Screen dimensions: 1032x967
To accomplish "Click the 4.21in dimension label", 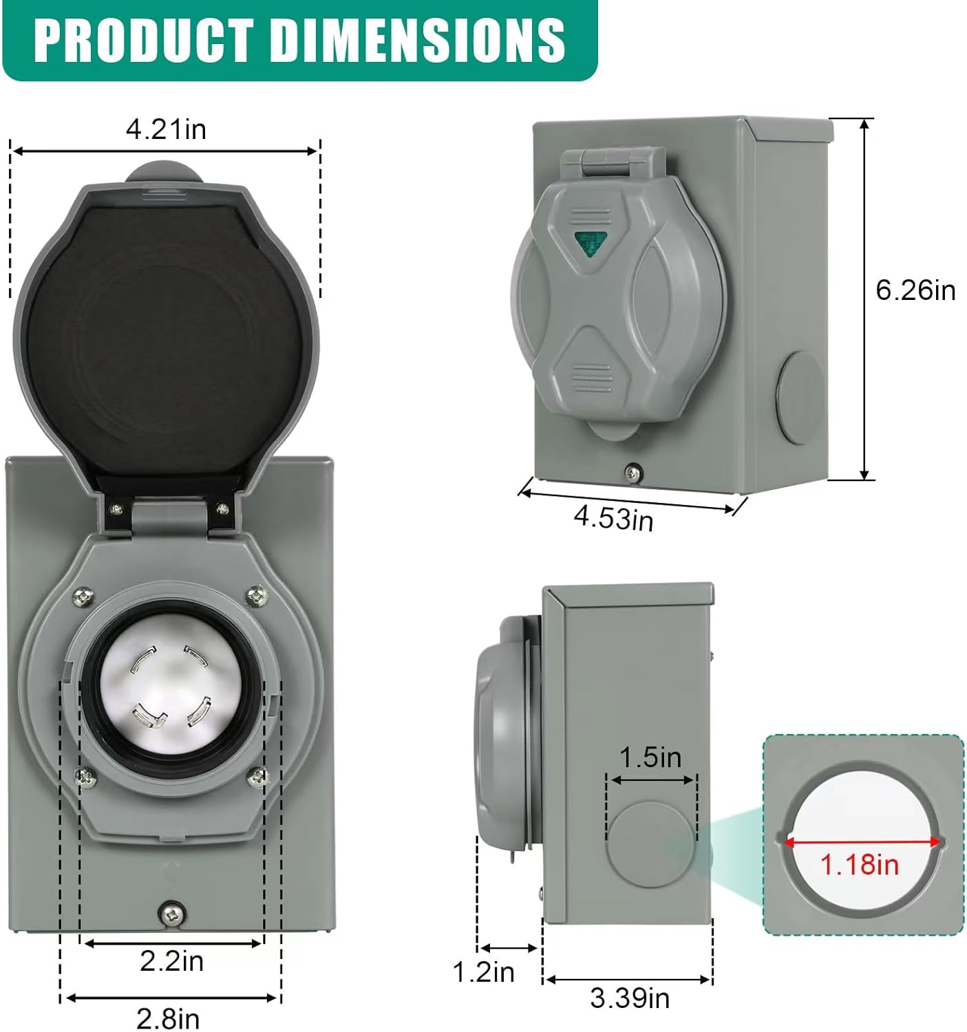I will coord(166,129).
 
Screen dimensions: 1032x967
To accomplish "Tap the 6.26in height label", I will coord(915,290).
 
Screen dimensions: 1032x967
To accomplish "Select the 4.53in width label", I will coord(613,517).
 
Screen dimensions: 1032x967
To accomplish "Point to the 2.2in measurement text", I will coord(171,960).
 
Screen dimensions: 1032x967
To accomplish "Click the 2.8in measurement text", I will coord(168,1018).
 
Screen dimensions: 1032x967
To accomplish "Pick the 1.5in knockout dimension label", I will coord(650,757).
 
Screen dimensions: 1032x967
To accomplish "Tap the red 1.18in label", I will coord(860,864).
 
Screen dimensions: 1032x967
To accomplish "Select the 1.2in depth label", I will coord(483,971).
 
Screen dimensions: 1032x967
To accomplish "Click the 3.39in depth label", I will coord(629,998).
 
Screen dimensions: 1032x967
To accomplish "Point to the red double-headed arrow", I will coord(862,841).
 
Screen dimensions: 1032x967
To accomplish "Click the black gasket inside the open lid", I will coord(165,344).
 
